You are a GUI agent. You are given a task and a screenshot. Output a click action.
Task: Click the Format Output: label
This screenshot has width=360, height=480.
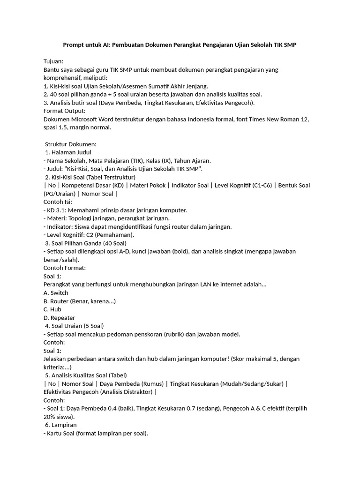pyautogui.click(x=64, y=111)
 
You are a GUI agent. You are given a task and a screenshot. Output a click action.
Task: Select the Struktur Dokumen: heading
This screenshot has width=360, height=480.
pyautogui.click(x=70, y=144)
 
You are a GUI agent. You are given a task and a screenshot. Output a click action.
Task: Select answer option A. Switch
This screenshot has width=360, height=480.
pyautogui.click(x=56, y=292)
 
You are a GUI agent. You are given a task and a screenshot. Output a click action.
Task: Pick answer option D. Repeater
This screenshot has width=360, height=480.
pyautogui.click(x=59, y=317)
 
